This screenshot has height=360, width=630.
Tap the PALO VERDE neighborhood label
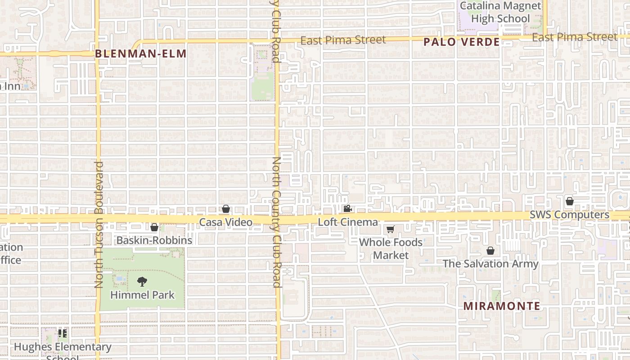(x=462, y=42)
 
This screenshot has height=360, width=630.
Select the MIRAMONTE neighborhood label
(x=502, y=306)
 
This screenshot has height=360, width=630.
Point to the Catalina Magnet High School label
(x=500, y=12)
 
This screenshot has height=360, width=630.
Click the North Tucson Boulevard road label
(x=99, y=225)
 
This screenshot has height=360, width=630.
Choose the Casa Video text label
(x=226, y=222)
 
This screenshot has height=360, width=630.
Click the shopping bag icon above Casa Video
(x=226, y=209)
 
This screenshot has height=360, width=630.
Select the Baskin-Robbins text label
(x=154, y=240)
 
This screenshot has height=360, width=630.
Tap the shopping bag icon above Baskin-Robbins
(x=154, y=227)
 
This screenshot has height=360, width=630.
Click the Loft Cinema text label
(x=348, y=222)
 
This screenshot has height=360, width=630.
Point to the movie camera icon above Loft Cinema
(x=347, y=209)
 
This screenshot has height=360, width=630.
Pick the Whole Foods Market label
(x=391, y=248)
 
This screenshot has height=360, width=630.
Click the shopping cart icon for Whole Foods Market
(x=391, y=229)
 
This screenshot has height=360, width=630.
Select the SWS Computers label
(x=569, y=215)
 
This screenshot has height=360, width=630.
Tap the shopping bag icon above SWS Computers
(x=569, y=201)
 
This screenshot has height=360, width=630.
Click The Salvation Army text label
(x=490, y=264)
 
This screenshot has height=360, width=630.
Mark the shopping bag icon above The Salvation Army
(x=490, y=251)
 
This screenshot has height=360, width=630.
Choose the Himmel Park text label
(x=142, y=295)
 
